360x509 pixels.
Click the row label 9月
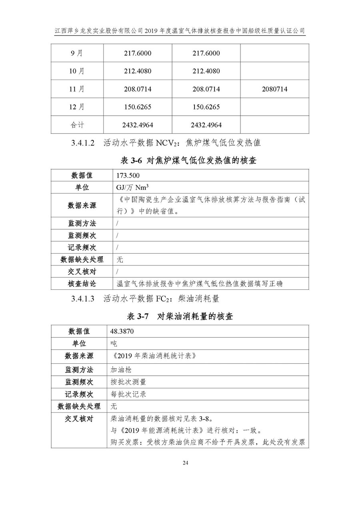pyautogui.click(x=77, y=53)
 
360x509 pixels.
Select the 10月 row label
pyautogui.click(x=77, y=71)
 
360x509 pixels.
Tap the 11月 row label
pyautogui.click(x=77, y=89)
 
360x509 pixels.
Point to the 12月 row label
pyautogui.click(x=77, y=107)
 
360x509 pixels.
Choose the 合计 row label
pyautogui.click(x=77, y=125)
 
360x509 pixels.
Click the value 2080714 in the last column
pyautogui.click(x=274, y=89)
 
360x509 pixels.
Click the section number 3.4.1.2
pyautogui.click(x=83, y=142)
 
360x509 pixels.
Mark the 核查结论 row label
pyautogui.click(x=82, y=284)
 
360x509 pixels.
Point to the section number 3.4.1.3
pyautogui.click(x=83, y=298)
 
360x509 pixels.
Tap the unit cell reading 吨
pyautogui.click(x=114, y=343)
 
